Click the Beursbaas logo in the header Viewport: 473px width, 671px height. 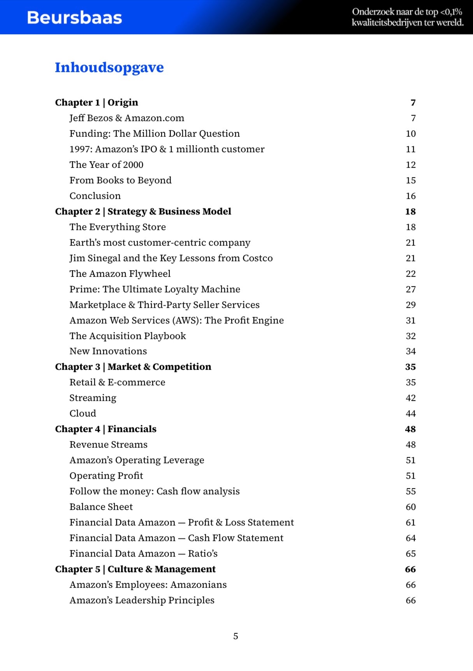(x=74, y=18)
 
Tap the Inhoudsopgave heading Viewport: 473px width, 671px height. (x=109, y=67)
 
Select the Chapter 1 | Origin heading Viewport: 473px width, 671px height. (x=97, y=102)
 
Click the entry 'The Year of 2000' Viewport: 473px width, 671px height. (x=106, y=165)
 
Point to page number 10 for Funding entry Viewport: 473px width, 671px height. (x=410, y=133)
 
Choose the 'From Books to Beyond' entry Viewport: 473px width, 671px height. (x=120, y=180)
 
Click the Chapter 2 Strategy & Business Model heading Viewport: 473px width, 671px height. (x=143, y=211)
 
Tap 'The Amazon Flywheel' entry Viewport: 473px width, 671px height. (x=120, y=274)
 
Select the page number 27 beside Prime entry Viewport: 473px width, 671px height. (x=410, y=289)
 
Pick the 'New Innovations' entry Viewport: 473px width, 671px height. (x=108, y=351)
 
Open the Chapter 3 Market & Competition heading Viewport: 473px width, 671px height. (x=133, y=367)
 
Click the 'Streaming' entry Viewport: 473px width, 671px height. (x=93, y=398)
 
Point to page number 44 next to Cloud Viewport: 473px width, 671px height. (x=410, y=413)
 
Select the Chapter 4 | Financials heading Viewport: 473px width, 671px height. (x=106, y=429)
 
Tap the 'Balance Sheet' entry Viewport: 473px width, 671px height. (x=101, y=507)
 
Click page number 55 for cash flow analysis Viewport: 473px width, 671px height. (x=410, y=491)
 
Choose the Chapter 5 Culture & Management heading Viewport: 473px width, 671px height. (x=135, y=569)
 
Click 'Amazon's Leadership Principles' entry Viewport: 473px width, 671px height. (x=142, y=600)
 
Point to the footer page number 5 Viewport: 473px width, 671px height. (x=236, y=636)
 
